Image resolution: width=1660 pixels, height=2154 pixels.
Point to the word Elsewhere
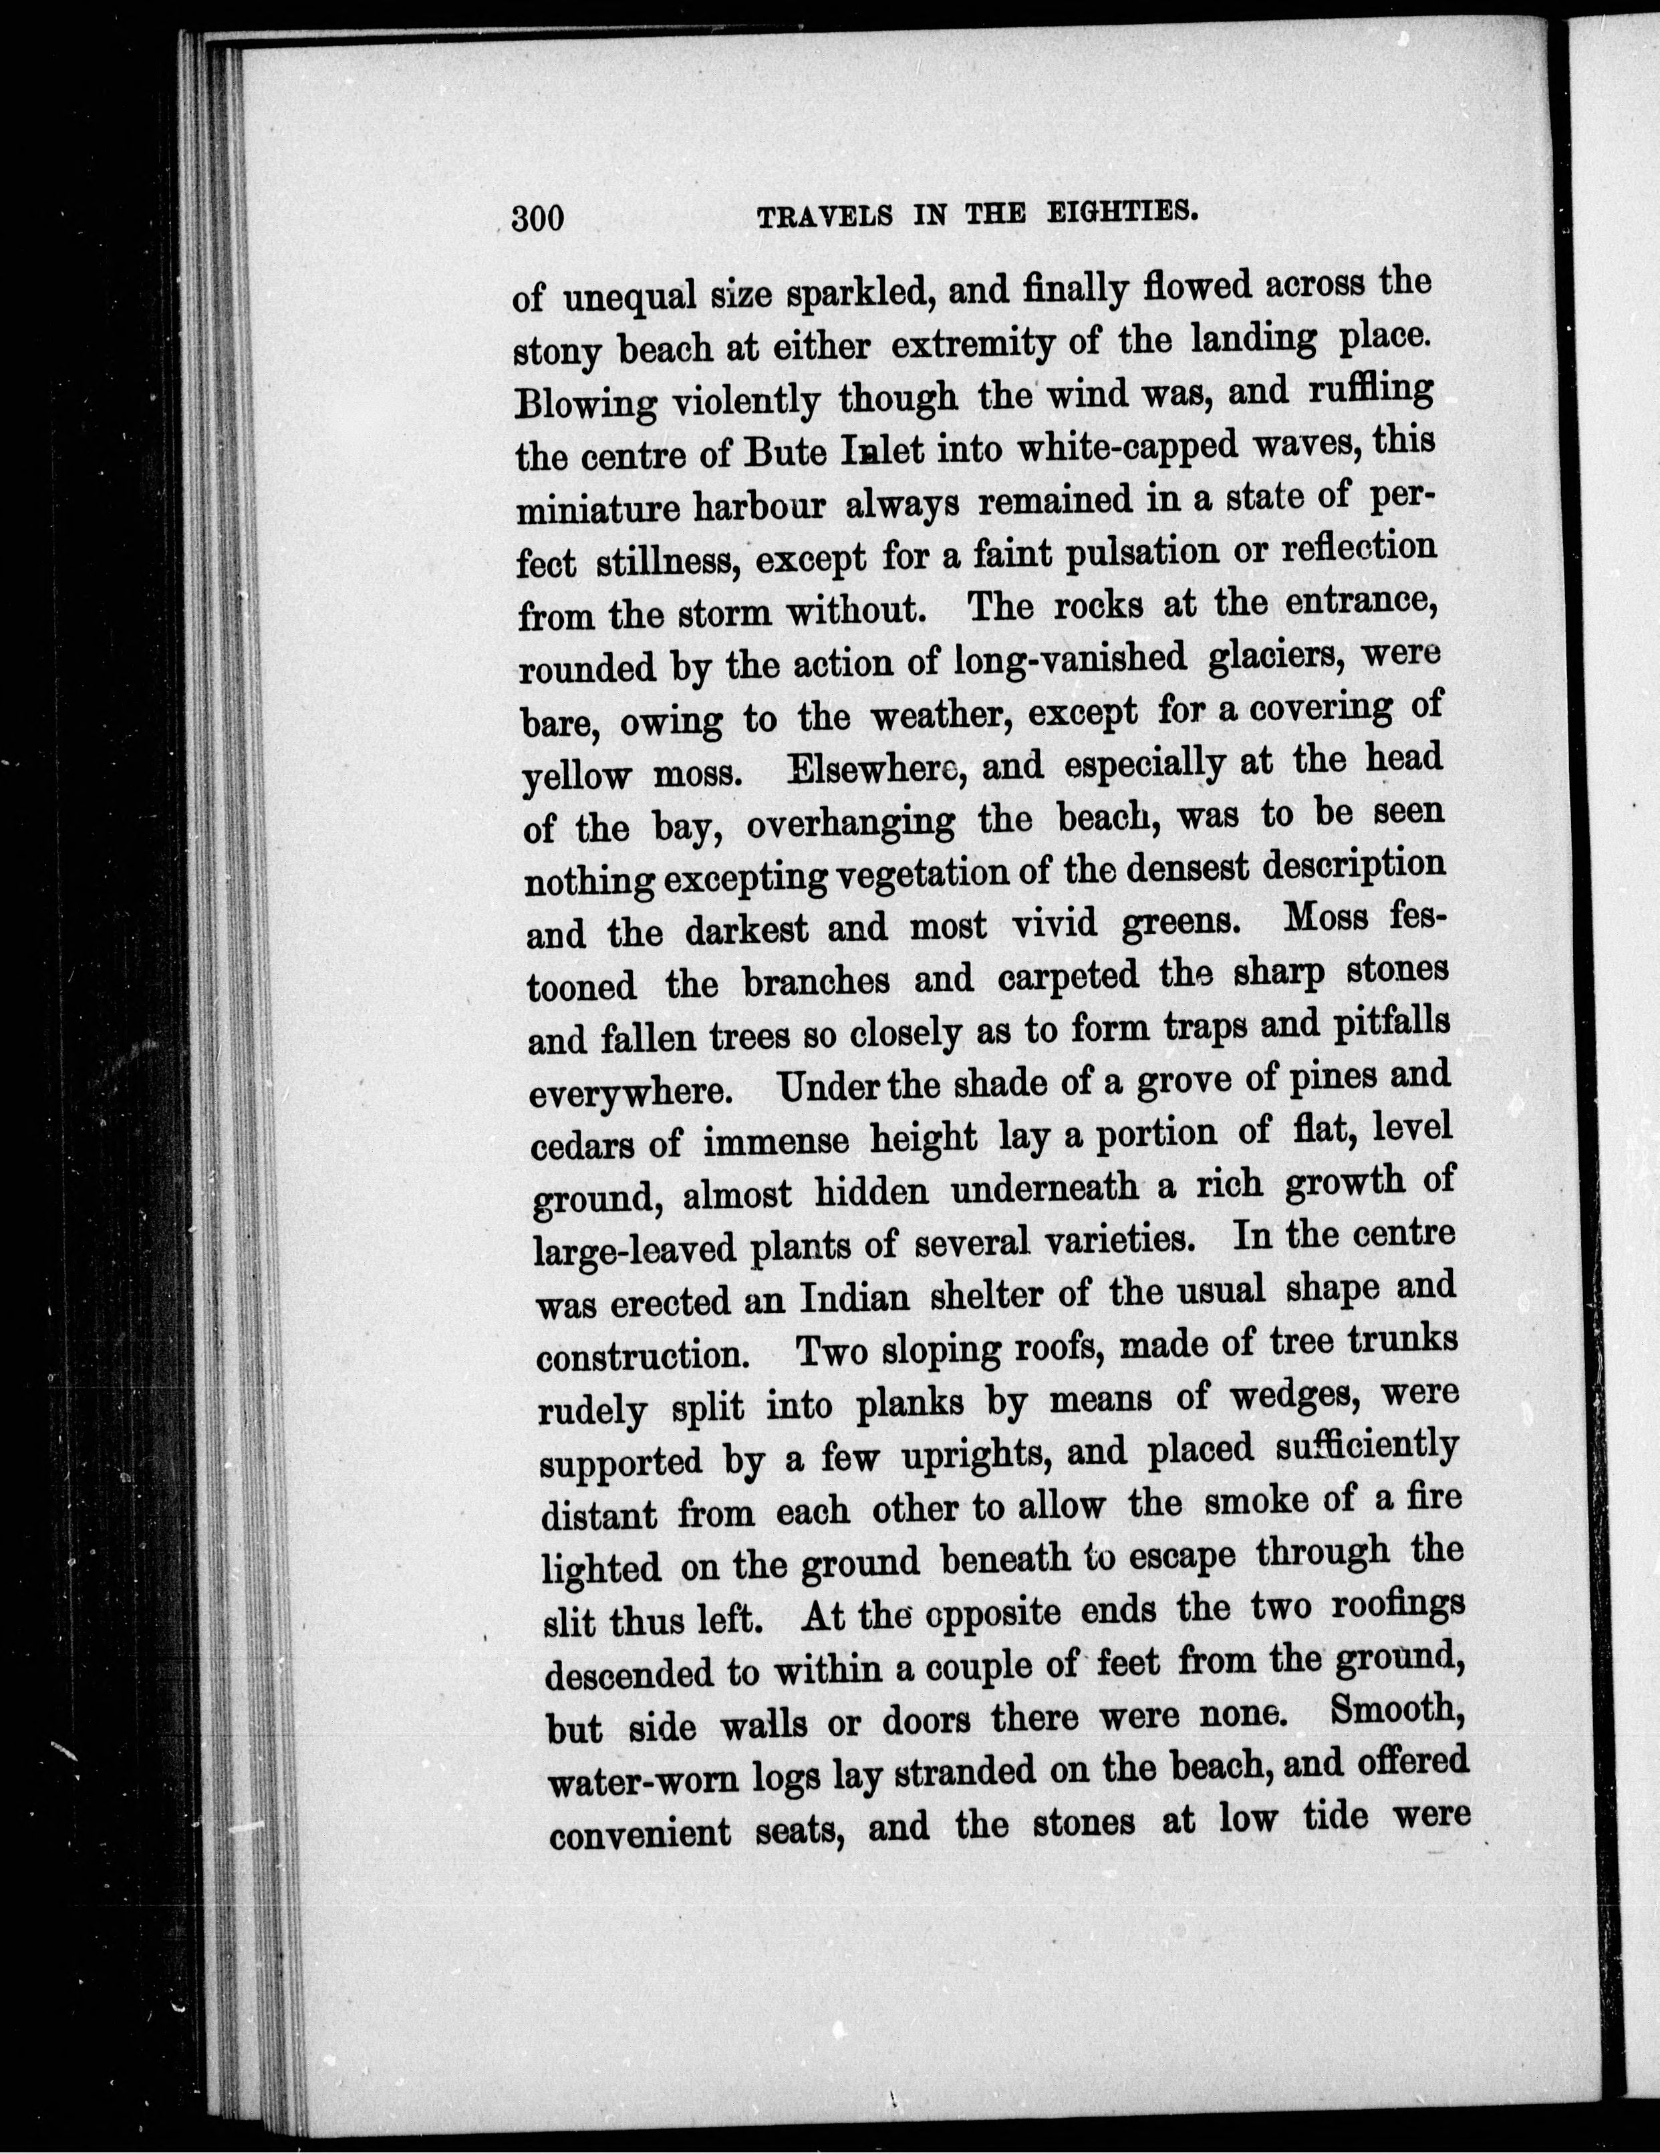(x=868, y=768)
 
